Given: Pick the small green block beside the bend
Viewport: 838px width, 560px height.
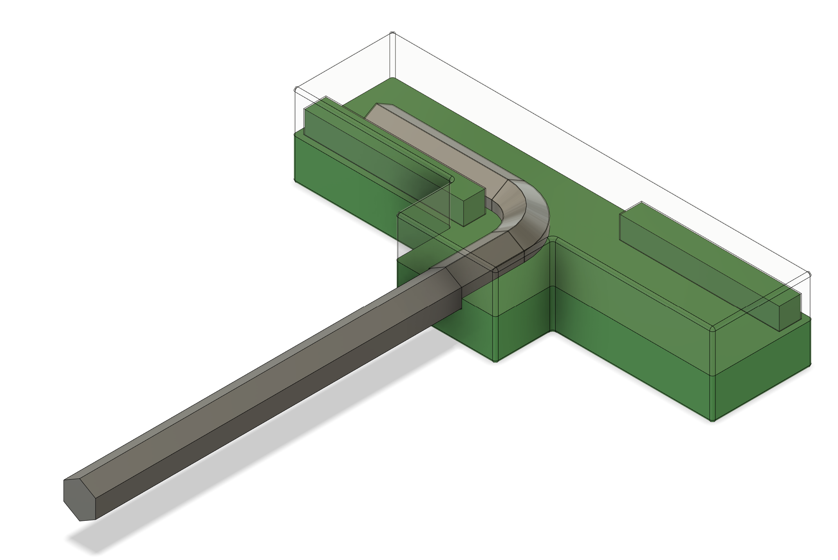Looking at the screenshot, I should coord(474,206).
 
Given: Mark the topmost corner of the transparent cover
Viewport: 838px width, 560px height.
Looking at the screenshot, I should coord(392,34).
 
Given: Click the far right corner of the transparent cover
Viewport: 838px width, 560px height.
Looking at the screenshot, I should coord(809,274).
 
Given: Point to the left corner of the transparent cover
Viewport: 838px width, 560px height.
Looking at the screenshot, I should coord(296,90).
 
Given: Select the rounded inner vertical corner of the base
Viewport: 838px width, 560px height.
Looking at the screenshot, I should coord(553,282).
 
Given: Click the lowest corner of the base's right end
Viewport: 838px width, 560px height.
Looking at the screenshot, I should coord(713,420).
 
